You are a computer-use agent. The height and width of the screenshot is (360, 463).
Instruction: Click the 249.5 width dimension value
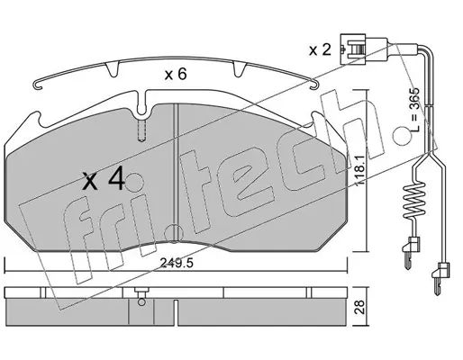click(x=177, y=263)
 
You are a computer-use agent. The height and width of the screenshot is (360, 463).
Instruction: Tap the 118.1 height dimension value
click(x=359, y=170)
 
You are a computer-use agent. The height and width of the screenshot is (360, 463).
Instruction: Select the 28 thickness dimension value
click(x=359, y=307)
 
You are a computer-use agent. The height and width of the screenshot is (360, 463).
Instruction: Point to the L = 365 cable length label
click(x=414, y=110)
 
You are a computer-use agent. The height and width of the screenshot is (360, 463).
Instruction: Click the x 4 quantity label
click(x=104, y=179)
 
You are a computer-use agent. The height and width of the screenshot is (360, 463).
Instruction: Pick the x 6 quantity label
click(x=176, y=74)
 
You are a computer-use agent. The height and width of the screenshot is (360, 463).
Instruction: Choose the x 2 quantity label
click(x=320, y=49)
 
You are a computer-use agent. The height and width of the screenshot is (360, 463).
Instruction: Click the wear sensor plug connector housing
click(x=353, y=49)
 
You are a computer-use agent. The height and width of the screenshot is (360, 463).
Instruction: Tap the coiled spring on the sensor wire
click(x=414, y=201)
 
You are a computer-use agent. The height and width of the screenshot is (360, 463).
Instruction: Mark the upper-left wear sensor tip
click(x=409, y=251)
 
